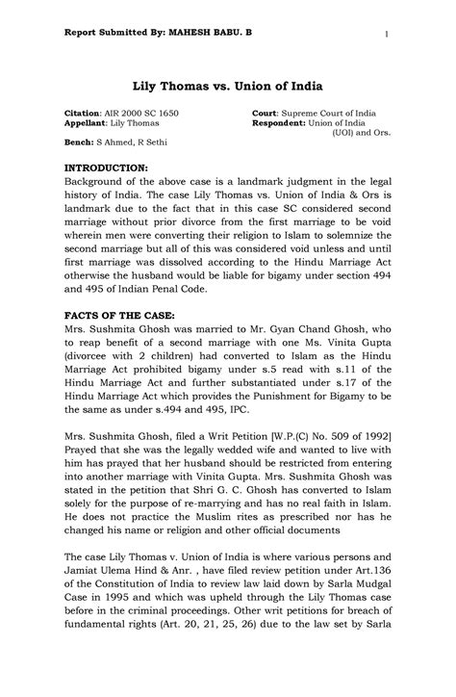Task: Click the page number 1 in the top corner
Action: coord(385,37)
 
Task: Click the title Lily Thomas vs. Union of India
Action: coord(227,86)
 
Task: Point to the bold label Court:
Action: coord(266,114)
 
